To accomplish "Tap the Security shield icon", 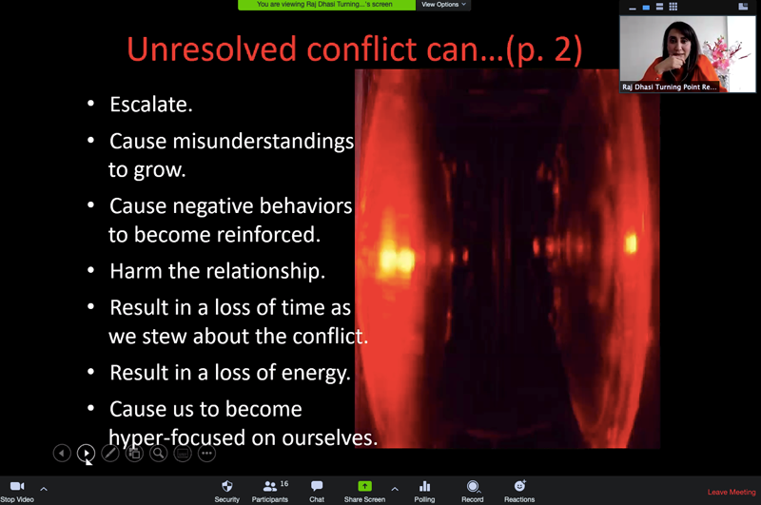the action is [226, 486].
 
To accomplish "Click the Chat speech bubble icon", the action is [317, 486].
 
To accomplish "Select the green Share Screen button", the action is [364, 486].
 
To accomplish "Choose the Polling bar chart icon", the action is [424, 486].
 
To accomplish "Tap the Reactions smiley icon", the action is [519, 486].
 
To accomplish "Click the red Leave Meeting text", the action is [732, 492].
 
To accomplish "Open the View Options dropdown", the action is [443, 5].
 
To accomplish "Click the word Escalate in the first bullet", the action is [150, 105].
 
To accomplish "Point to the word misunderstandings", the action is [263, 141].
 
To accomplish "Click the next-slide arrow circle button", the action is [86, 453].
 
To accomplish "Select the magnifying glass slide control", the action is [158, 453].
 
